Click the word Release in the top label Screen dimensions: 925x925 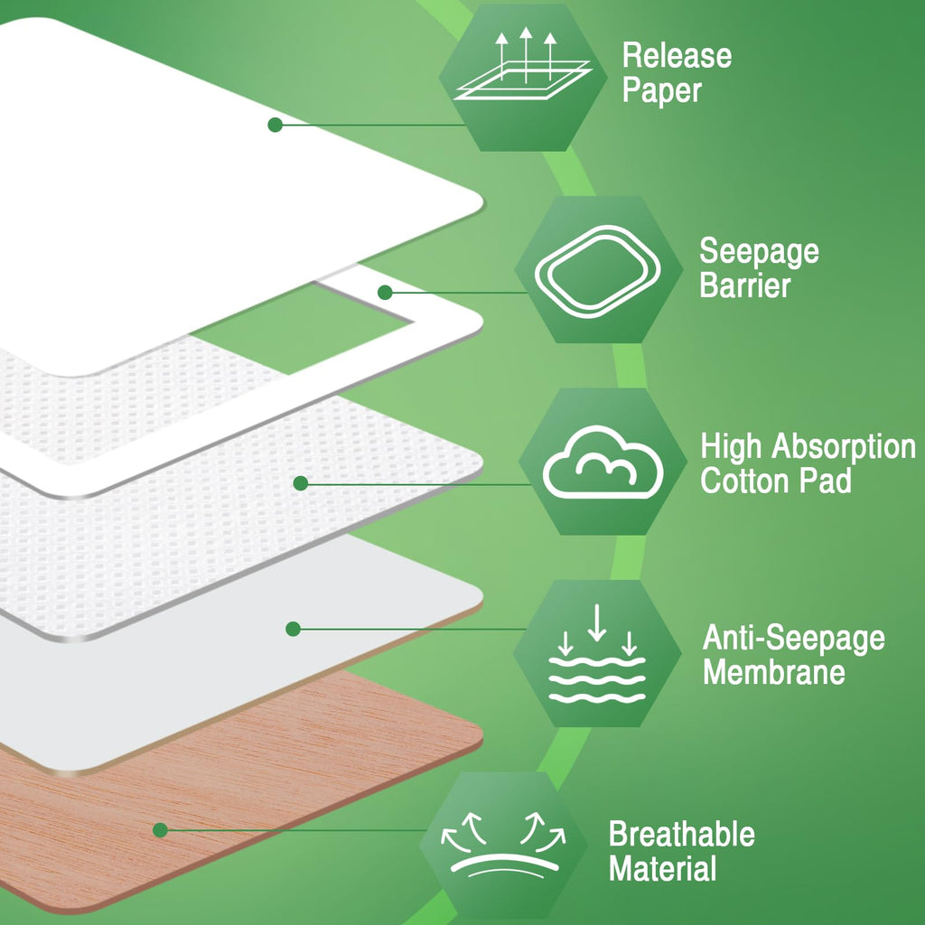(x=677, y=56)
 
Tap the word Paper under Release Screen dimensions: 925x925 (x=662, y=91)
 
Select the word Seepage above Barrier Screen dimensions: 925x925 (x=759, y=252)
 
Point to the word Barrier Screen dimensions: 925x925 (x=744, y=285)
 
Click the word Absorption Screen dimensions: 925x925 (x=844, y=446)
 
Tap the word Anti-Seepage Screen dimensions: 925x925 (x=793, y=639)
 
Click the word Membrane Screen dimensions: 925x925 (x=774, y=672)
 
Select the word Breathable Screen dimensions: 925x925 (x=681, y=834)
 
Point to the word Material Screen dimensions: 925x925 (x=662, y=868)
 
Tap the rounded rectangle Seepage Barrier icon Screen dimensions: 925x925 (x=598, y=271)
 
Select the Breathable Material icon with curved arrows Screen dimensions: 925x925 (x=503, y=845)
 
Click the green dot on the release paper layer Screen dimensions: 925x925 (x=275, y=125)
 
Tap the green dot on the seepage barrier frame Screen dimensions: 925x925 (x=385, y=292)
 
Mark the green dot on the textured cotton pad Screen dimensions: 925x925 (x=301, y=483)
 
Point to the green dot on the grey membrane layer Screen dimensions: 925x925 (x=294, y=629)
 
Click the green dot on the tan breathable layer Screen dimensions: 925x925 (x=160, y=830)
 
